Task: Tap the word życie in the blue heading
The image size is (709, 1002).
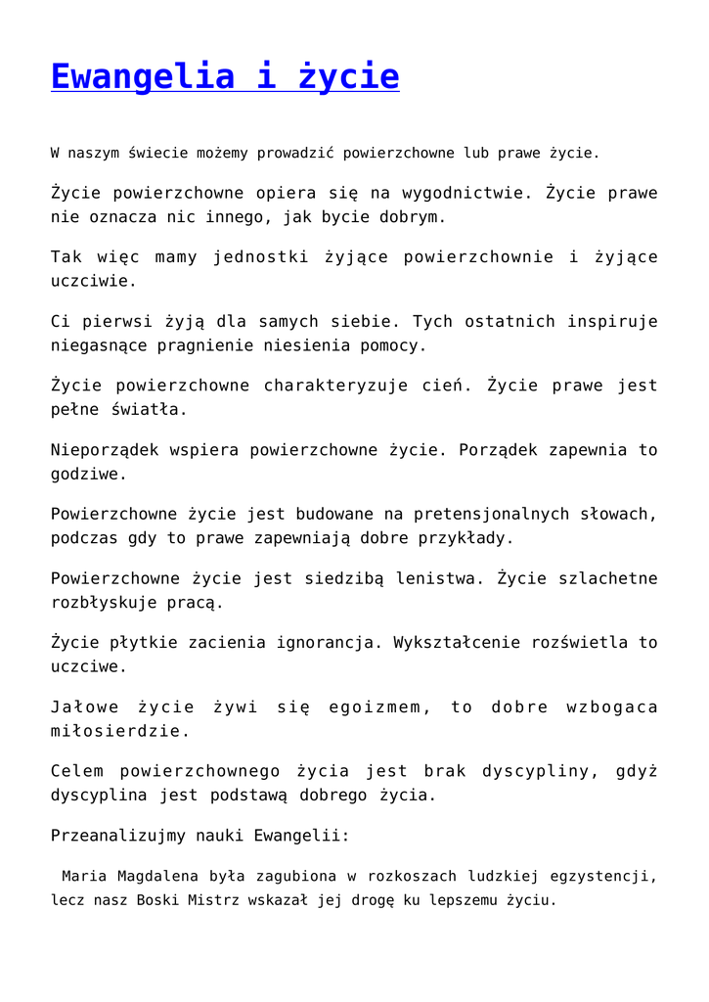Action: coord(347,76)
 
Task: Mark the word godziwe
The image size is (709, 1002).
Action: coord(88,475)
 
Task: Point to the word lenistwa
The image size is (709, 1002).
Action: coord(439,578)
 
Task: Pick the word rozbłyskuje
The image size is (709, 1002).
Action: coord(109,603)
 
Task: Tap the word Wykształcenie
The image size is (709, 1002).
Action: coord(460,643)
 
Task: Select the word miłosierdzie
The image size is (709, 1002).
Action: coord(120,731)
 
